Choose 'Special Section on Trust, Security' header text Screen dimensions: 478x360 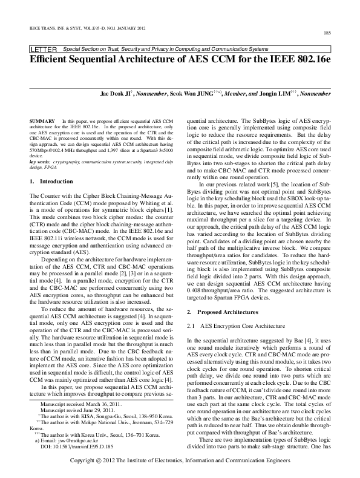121,48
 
